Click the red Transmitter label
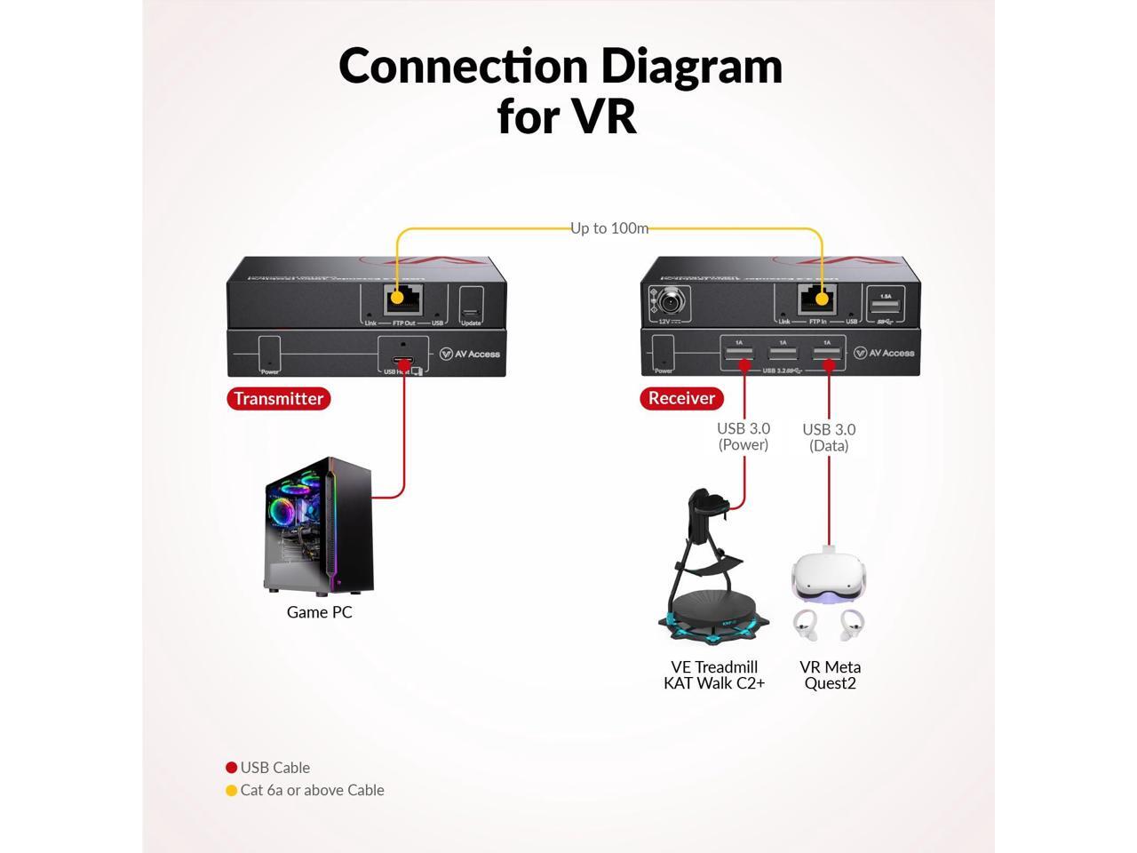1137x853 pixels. [x=278, y=399]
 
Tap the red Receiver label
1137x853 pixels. [x=681, y=398]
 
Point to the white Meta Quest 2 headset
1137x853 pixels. [x=830, y=578]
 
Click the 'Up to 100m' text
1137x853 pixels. [x=609, y=228]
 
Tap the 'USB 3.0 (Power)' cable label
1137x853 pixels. [x=743, y=436]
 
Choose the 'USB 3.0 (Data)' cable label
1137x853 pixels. [x=829, y=437]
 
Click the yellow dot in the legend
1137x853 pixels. [x=231, y=791]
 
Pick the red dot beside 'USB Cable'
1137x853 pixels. [x=231, y=768]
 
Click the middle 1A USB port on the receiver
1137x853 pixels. [x=783, y=353]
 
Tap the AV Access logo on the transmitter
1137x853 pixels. [x=471, y=354]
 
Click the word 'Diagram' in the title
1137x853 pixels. [x=691, y=66]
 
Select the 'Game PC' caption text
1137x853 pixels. [x=320, y=612]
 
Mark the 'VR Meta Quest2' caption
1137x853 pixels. [x=830, y=674]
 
